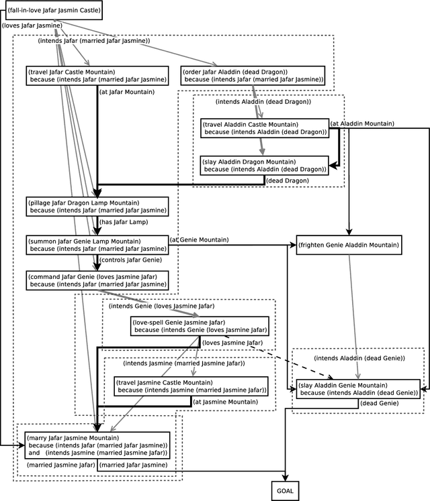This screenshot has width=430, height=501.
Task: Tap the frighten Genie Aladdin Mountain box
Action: [x=349, y=246]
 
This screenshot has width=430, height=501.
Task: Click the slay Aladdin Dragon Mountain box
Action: [x=264, y=165]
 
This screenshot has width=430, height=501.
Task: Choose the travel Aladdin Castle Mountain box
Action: [x=265, y=128]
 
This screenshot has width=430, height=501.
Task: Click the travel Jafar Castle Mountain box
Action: [x=97, y=75]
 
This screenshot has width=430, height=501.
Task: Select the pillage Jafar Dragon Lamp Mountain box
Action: [x=97, y=207]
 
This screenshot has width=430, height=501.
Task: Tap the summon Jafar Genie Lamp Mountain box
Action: [x=97, y=243]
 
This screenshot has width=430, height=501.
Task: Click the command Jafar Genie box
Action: [x=97, y=280]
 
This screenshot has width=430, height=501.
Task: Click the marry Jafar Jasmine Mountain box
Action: [x=97, y=445]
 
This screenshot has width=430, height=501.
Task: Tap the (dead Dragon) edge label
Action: [x=288, y=180]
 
